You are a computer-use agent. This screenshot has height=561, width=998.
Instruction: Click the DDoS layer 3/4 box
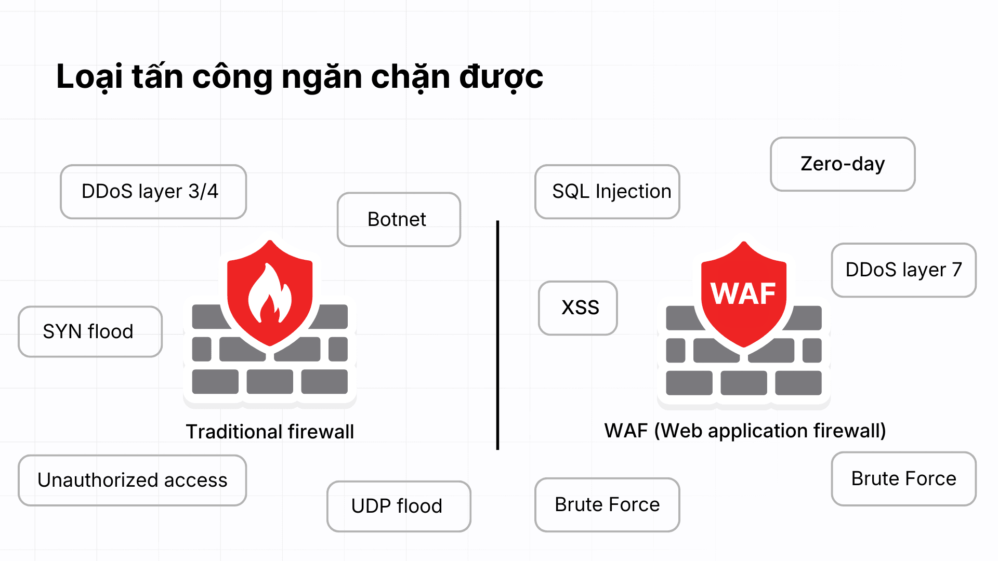(x=153, y=192)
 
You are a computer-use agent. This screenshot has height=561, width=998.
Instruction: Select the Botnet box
(x=399, y=219)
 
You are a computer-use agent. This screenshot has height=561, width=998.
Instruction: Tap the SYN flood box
(x=90, y=331)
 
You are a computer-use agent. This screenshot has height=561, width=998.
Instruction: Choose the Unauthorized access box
(x=133, y=480)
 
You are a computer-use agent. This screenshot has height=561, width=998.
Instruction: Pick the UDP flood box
(x=399, y=506)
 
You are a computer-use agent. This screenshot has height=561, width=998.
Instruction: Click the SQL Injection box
(x=607, y=192)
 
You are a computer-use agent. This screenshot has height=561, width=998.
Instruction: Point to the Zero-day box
(x=843, y=164)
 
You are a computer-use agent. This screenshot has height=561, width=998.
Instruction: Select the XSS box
(x=578, y=308)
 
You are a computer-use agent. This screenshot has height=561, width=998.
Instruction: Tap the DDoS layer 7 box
(x=904, y=270)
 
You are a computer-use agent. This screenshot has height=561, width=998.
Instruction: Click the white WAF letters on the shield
(x=743, y=294)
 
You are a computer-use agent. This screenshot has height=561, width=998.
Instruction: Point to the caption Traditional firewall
(x=270, y=432)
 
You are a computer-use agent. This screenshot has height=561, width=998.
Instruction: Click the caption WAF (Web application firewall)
(x=745, y=431)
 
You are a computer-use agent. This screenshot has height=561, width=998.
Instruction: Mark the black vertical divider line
(x=497, y=335)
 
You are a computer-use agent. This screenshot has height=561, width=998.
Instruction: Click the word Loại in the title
(x=89, y=77)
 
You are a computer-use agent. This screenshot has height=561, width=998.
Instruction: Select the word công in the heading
(x=232, y=77)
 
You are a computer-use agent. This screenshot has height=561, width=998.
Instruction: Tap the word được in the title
(x=501, y=77)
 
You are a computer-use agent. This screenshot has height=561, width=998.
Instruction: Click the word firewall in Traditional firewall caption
(x=321, y=432)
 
